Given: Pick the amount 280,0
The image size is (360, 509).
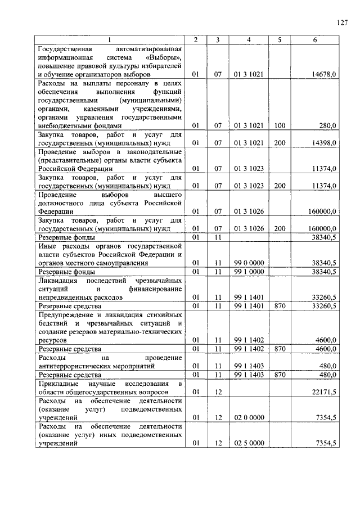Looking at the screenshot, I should (328, 127).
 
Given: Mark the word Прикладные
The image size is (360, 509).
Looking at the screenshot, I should (57, 383).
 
